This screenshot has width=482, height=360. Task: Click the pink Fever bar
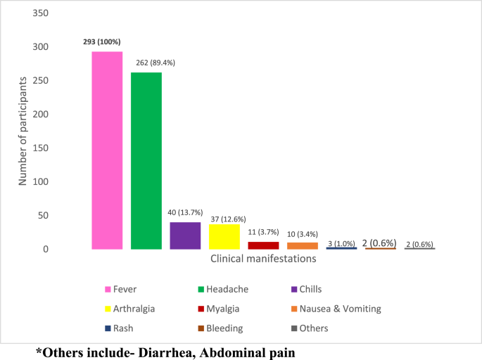click(x=107, y=150)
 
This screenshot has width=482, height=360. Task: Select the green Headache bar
click(x=146, y=161)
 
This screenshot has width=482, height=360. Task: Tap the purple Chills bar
click(x=185, y=236)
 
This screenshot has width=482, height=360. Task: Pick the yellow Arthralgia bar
click(x=224, y=237)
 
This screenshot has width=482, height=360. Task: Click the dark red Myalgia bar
click(x=263, y=245)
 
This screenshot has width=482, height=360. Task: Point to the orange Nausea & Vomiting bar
click(x=303, y=245)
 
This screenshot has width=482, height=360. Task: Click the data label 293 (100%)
click(x=106, y=42)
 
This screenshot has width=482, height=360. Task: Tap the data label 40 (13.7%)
click(x=186, y=212)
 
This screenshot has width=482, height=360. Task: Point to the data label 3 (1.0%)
click(x=341, y=243)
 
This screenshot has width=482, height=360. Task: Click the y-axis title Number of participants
click(x=23, y=131)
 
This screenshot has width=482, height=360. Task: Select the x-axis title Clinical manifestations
click(x=263, y=259)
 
